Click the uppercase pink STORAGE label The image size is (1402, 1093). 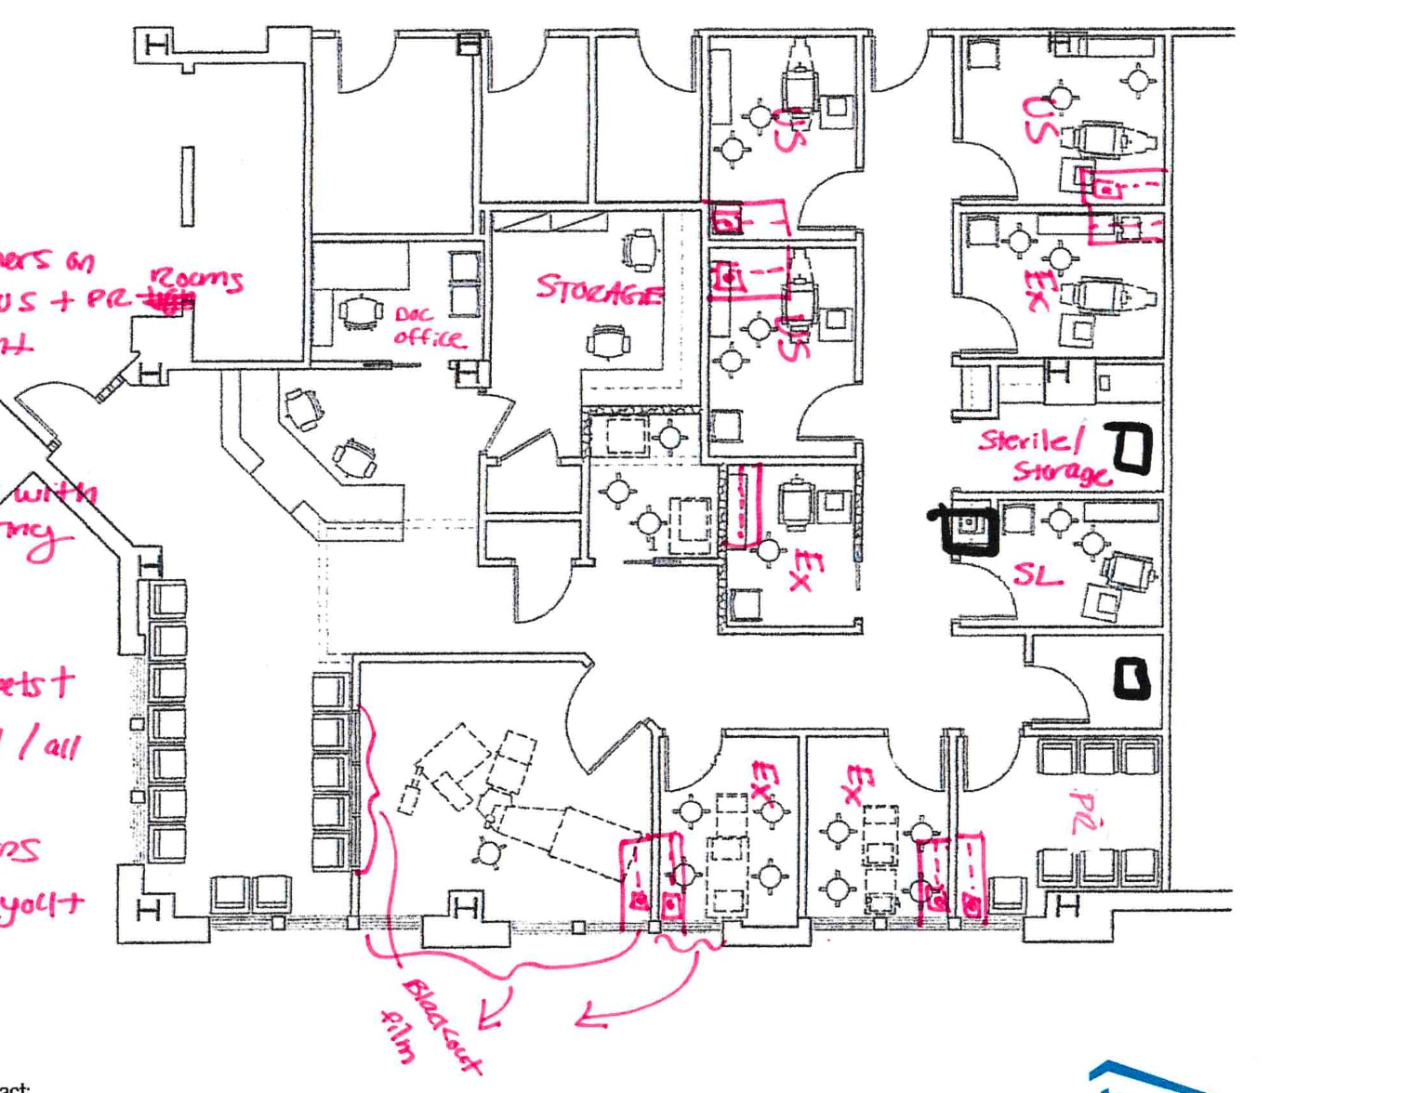(x=599, y=290)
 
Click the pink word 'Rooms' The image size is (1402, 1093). (x=197, y=279)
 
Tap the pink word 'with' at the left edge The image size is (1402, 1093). (x=56, y=493)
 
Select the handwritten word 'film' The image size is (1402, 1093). (x=398, y=1035)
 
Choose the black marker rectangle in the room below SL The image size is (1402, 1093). (x=1131, y=678)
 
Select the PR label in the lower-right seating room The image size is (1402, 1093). (x=1081, y=811)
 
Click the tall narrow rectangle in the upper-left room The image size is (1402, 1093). (x=188, y=186)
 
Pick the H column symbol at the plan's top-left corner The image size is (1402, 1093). (x=157, y=44)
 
